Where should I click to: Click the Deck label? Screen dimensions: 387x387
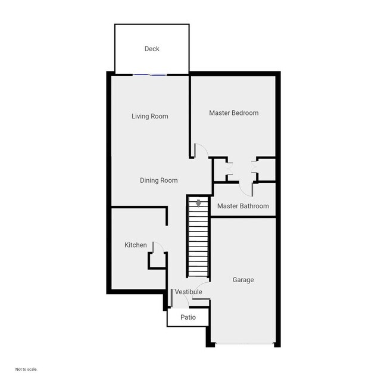pyautogui.click(x=152, y=49)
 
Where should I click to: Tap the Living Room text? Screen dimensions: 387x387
pyautogui.click(x=149, y=116)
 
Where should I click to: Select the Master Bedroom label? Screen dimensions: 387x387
pyautogui.click(x=233, y=113)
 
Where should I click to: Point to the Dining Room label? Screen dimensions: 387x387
pyautogui.click(x=158, y=180)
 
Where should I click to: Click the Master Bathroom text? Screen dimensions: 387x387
pyautogui.click(x=242, y=206)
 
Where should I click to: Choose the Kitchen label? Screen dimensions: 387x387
pyautogui.click(x=135, y=245)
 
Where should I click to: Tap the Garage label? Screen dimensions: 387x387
pyautogui.click(x=243, y=280)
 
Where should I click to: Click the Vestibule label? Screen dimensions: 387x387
pyautogui.click(x=188, y=292)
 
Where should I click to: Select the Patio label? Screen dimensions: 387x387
pyautogui.click(x=188, y=317)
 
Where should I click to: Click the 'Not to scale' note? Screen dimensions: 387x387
pyautogui.click(x=26, y=369)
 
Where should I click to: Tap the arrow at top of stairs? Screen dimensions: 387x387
pyautogui.click(x=198, y=204)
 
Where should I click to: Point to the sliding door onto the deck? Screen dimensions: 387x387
pyautogui.click(x=149, y=74)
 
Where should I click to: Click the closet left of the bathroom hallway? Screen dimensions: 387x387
pyautogui.click(x=220, y=170)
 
